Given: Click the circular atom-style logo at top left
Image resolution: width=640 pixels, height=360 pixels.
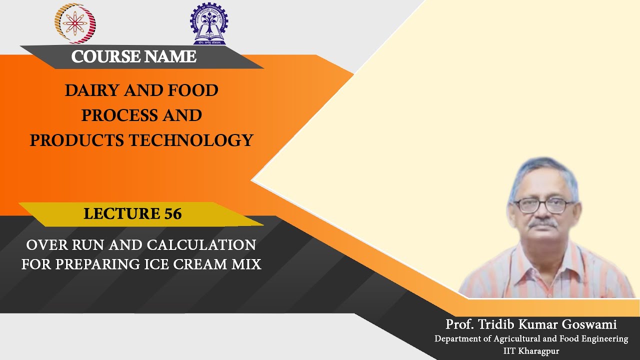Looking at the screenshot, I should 75,23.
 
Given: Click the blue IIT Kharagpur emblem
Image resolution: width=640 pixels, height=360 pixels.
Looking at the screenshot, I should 208,23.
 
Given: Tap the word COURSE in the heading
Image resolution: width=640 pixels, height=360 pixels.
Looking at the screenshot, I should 102,57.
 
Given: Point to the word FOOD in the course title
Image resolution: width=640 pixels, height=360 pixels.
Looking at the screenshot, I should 193,90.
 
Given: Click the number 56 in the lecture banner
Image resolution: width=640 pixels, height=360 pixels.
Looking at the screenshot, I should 172,214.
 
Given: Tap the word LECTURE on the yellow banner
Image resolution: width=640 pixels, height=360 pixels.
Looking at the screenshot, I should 122,214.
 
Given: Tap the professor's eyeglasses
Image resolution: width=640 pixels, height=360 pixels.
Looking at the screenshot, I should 544,204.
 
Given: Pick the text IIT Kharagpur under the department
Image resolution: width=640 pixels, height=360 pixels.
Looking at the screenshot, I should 531,351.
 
